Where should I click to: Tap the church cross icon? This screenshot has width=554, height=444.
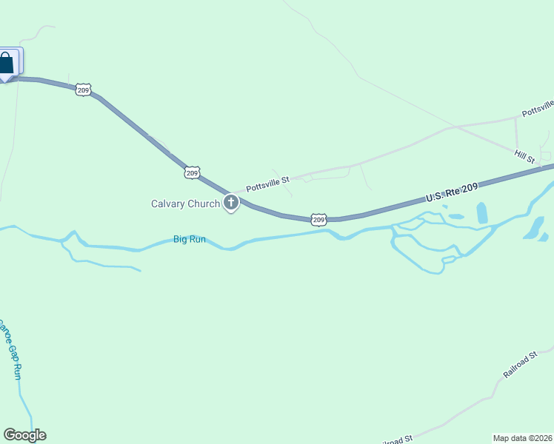click(231, 202)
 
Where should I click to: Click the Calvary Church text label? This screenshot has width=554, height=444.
click(185, 203)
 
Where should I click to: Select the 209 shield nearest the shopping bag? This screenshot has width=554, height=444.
click(83, 90)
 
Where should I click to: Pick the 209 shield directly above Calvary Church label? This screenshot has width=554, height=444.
click(192, 172)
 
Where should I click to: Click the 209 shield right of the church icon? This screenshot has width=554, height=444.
click(318, 219)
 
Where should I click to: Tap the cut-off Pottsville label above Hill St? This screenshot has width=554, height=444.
click(538, 108)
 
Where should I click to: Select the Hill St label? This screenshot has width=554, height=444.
click(524, 155)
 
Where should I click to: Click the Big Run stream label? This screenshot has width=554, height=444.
click(189, 239)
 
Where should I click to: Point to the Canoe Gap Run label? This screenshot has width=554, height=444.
click(10, 350)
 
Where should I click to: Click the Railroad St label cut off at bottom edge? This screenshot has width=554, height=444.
click(396, 440)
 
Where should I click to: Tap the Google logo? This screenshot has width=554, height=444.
click(24, 435)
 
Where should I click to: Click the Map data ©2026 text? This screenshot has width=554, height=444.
click(523, 437)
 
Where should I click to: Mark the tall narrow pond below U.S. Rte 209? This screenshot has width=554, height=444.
click(482, 213)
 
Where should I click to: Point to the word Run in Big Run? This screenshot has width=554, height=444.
click(196, 239)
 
